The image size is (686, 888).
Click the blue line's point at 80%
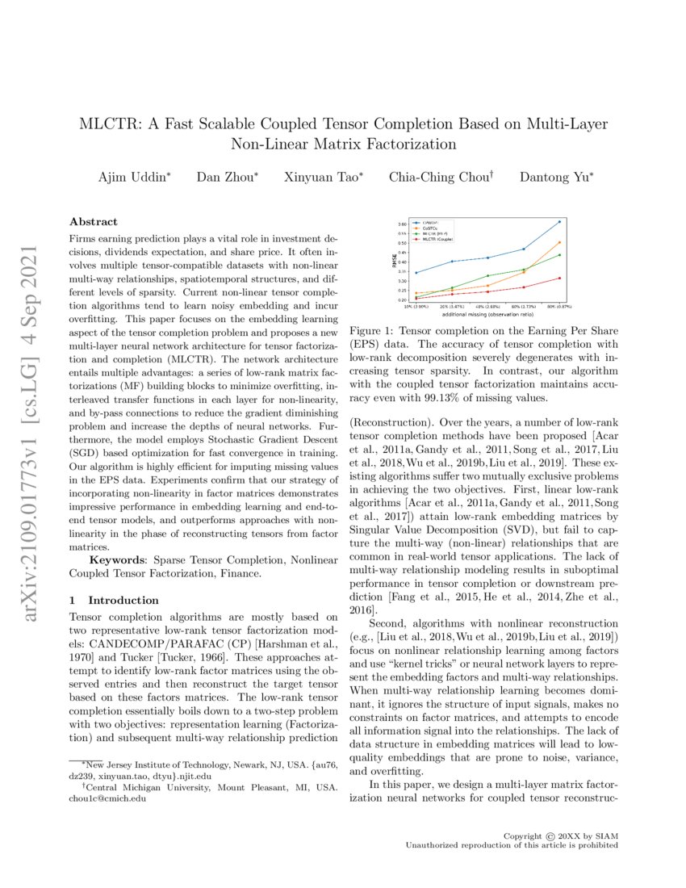(x=559, y=221)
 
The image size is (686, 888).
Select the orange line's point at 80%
(x=559, y=242)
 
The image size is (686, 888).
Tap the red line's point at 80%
(x=559, y=278)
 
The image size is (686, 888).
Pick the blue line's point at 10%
(x=416, y=272)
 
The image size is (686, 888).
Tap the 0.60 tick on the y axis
(x=402, y=224)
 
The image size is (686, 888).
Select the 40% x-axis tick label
(x=487, y=306)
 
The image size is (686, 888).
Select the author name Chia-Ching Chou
(x=440, y=177)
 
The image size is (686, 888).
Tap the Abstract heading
(x=94, y=221)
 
